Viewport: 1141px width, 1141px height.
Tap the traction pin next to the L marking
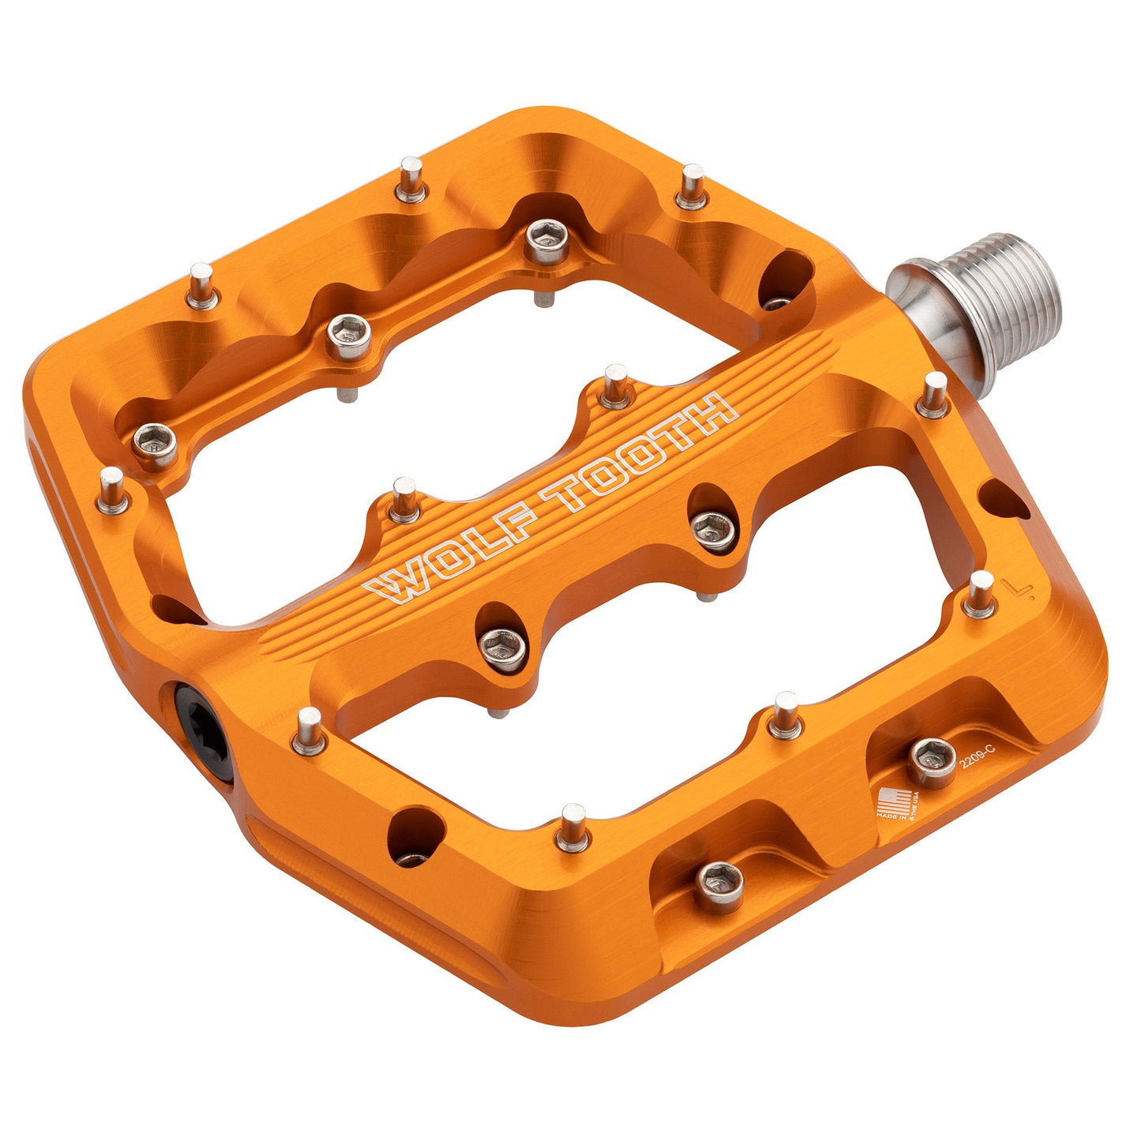(980, 594)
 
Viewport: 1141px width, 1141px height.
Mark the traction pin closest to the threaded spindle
(933, 394)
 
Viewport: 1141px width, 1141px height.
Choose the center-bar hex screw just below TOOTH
(712, 528)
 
